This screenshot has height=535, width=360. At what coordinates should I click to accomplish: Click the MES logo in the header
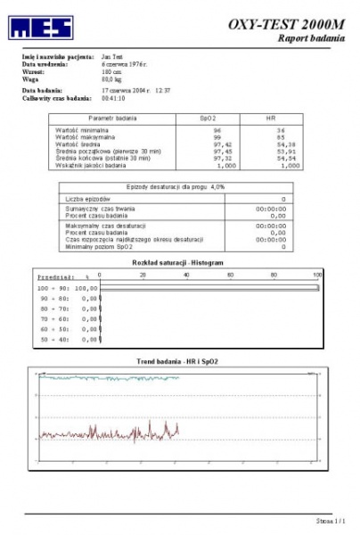(41, 28)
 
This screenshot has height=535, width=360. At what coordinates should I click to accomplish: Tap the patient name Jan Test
(113, 57)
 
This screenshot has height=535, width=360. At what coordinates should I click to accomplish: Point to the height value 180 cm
(112, 71)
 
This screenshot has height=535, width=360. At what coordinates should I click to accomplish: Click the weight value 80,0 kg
(112, 79)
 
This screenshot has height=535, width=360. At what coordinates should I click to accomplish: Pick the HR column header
(271, 118)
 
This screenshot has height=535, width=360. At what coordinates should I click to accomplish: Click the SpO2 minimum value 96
(217, 130)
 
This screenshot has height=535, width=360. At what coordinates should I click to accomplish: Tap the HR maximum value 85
(280, 137)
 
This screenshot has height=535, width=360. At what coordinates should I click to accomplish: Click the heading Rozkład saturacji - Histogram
(178, 263)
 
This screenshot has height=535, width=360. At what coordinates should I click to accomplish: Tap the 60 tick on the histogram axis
(232, 275)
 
